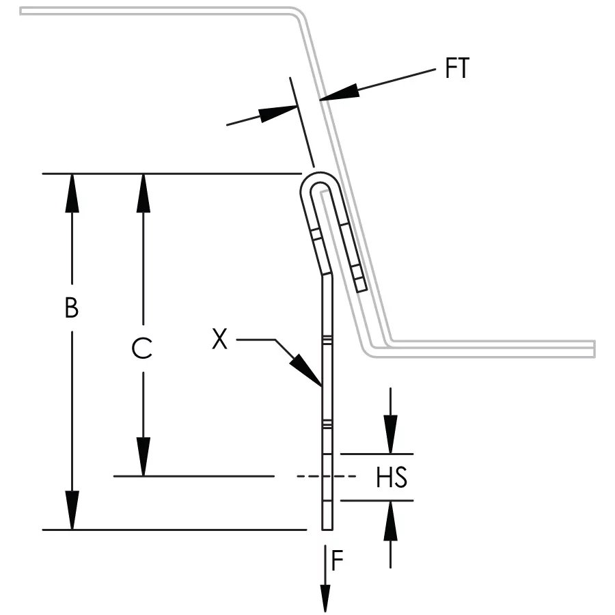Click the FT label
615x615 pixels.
click(457, 68)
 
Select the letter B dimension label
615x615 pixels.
click(71, 308)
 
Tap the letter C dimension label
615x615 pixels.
click(142, 348)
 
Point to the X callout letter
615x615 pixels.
click(219, 339)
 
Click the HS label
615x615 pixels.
click(392, 478)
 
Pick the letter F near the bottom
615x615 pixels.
click(338, 560)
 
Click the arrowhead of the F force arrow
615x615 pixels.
click(325, 598)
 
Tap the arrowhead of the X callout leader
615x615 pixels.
click(307, 370)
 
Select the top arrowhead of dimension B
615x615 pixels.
click(72, 193)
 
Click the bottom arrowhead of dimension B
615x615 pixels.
click(72, 510)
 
